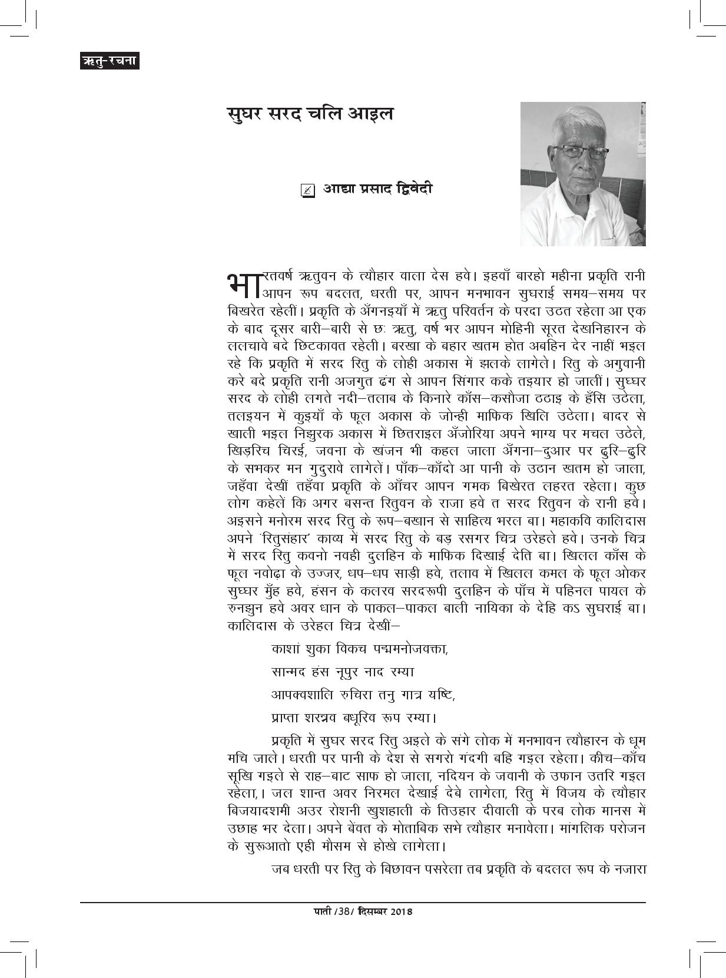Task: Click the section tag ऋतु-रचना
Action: tap(110, 61)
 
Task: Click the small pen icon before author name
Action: tap(307, 190)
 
